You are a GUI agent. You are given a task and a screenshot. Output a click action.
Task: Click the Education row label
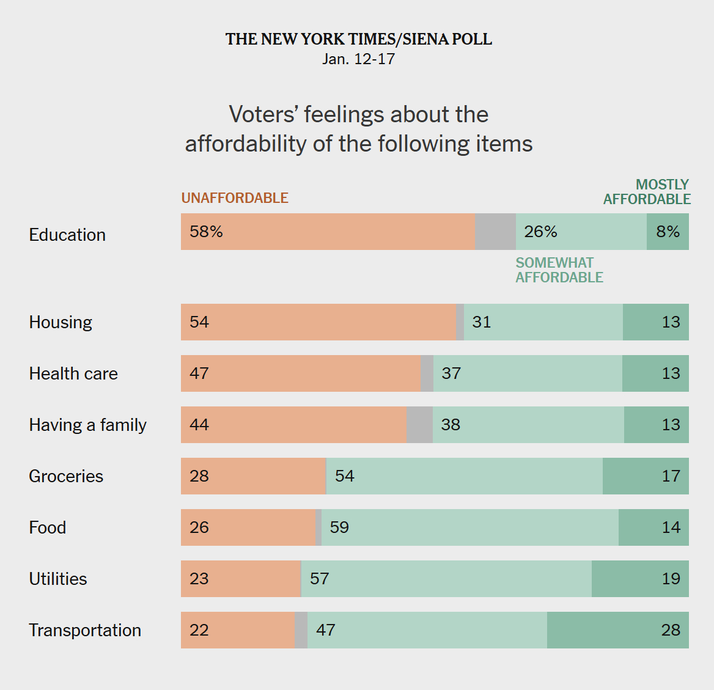[67, 235]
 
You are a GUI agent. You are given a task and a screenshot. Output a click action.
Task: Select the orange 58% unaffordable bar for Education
[328, 232]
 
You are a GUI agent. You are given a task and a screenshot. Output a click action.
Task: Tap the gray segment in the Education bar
[495, 232]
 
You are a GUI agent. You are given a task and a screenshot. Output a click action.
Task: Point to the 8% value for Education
[668, 232]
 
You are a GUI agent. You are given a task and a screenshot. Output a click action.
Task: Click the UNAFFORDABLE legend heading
[235, 198]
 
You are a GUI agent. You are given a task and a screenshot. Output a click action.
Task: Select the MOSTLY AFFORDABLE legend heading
[647, 192]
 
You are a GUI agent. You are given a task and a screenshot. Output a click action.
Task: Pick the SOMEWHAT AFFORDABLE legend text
[559, 270]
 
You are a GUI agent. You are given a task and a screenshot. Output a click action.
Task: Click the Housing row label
[61, 322]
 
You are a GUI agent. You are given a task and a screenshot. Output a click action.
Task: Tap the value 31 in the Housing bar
[482, 322]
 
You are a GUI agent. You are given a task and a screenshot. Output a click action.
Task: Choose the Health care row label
[73, 373]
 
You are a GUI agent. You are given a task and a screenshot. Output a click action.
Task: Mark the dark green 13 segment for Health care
[655, 373]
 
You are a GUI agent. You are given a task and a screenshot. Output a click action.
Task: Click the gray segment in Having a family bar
[419, 425]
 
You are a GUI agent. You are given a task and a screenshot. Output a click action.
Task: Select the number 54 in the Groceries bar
[345, 476]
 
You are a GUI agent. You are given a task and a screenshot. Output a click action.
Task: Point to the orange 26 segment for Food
[248, 527]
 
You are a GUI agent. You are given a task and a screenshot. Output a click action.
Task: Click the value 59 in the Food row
[339, 527]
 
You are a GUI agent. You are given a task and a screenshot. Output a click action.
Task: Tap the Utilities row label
[58, 579]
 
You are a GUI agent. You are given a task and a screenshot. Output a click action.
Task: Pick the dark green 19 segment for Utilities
[640, 579]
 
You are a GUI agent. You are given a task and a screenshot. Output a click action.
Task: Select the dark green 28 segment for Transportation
[617, 630]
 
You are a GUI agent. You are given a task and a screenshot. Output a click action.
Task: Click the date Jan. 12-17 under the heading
[358, 59]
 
